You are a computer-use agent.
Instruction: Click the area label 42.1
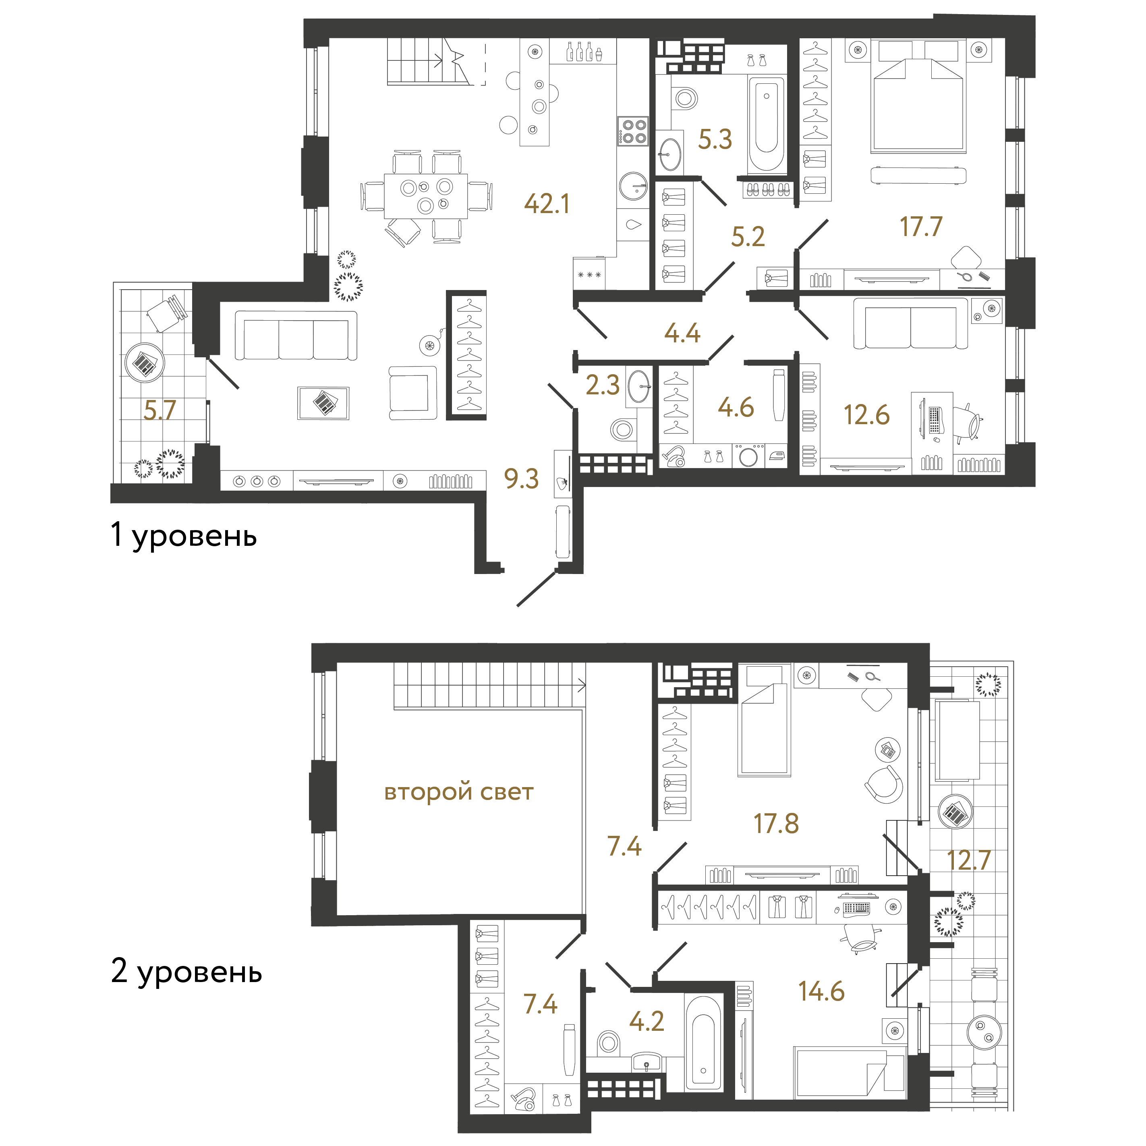click(x=546, y=203)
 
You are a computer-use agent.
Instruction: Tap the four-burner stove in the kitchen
click(x=633, y=131)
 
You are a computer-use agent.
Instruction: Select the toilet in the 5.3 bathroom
click(x=685, y=98)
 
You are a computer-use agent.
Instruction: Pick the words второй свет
click(x=458, y=792)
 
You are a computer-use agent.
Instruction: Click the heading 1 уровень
click(x=184, y=535)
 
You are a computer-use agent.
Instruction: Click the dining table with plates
click(x=425, y=196)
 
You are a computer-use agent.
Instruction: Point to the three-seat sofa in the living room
click(x=296, y=336)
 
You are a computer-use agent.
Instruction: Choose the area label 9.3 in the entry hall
click(x=521, y=479)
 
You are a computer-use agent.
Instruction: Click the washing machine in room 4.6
click(x=748, y=457)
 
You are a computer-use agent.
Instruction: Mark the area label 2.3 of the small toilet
click(x=602, y=385)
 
